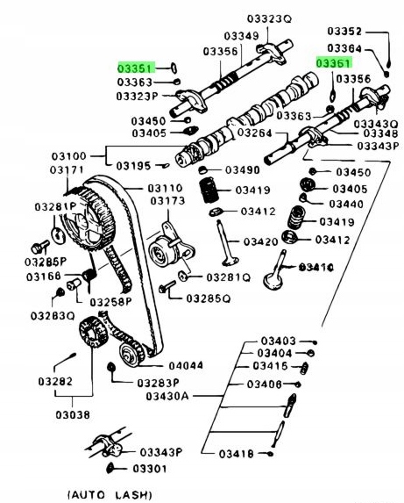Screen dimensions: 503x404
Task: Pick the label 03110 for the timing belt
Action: [x=165, y=187]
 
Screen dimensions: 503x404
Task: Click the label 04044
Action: [x=186, y=364]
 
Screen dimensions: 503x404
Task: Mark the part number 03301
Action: [x=150, y=469]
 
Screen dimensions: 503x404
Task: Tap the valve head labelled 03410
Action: [x=279, y=269]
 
